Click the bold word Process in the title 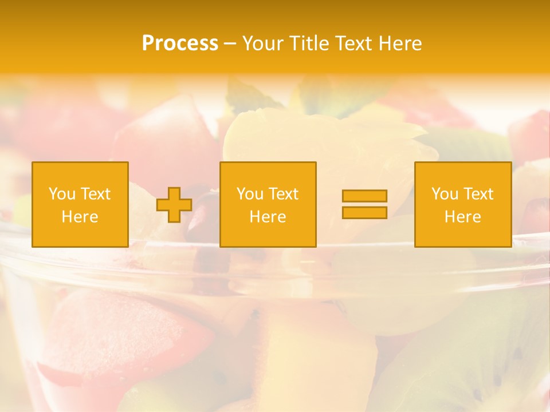(180, 43)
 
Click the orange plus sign (174, 205)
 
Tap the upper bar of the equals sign (364, 196)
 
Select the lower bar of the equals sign (364, 212)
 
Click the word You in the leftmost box (62, 194)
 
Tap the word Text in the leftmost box (95, 194)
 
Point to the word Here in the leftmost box (80, 217)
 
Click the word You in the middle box (250, 194)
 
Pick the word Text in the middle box (282, 194)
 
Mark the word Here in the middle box (268, 217)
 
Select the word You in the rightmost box (445, 194)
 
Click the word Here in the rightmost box (462, 217)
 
